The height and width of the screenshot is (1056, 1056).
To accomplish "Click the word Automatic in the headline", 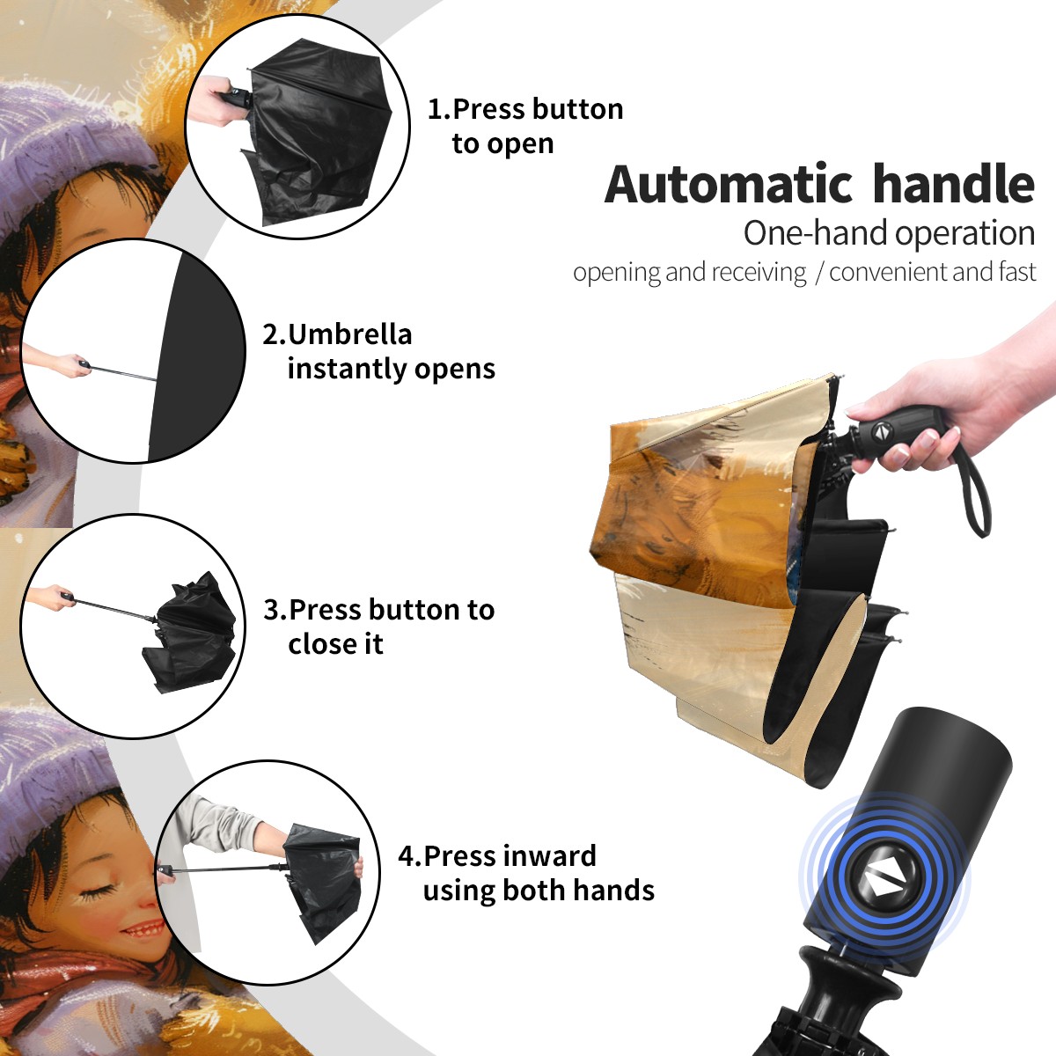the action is click(x=729, y=184).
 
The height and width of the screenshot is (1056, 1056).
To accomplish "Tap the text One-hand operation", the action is click(x=889, y=233).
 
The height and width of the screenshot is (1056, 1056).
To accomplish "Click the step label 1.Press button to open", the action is click(x=525, y=126).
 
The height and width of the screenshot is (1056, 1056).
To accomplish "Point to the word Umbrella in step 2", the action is click(x=349, y=334).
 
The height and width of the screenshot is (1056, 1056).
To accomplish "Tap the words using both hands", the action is click(x=539, y=891).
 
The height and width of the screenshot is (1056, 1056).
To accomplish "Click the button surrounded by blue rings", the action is click(x=884, y=880).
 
